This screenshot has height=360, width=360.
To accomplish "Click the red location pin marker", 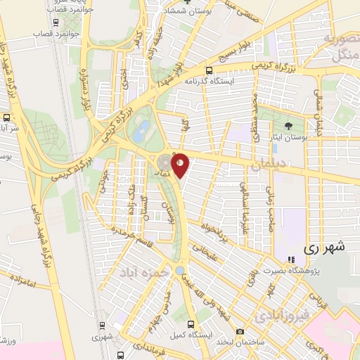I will [x=180, y=165].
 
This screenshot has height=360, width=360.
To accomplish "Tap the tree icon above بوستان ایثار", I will [x=290, y=126].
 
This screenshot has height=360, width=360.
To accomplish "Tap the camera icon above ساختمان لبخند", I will [x=240, y=331].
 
